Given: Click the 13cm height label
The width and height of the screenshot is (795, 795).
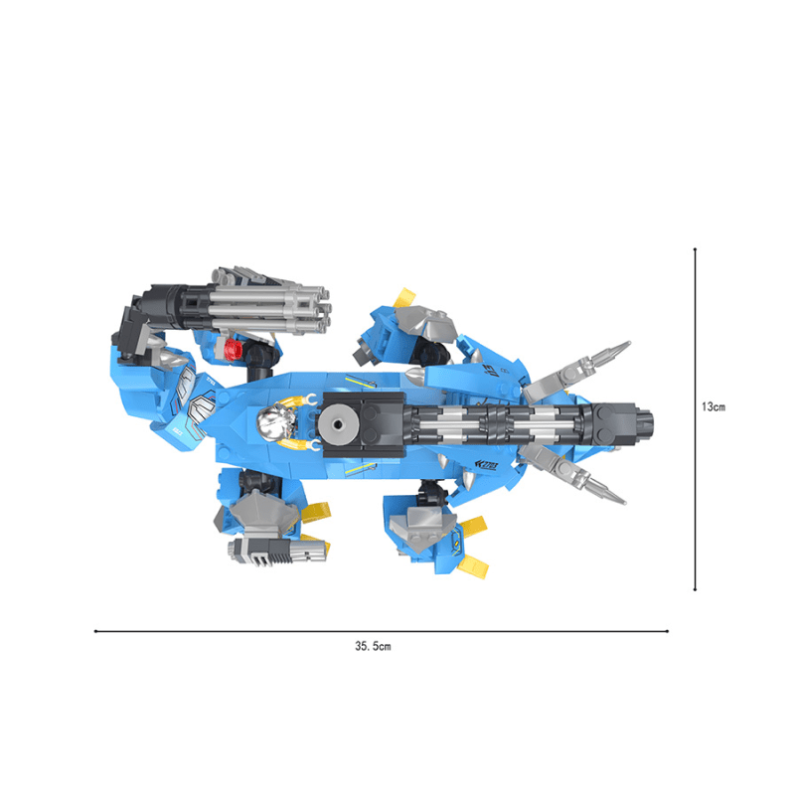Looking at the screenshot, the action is (x=714, y=406).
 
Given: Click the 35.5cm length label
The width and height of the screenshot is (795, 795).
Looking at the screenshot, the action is (x=373, y=646).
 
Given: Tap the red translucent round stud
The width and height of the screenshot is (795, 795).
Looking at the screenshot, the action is (x=234, y=350).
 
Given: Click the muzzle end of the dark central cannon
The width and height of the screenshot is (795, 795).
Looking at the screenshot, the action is (x=647, y=424).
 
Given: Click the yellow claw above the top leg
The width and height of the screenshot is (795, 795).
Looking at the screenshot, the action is (x=405, y=297).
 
